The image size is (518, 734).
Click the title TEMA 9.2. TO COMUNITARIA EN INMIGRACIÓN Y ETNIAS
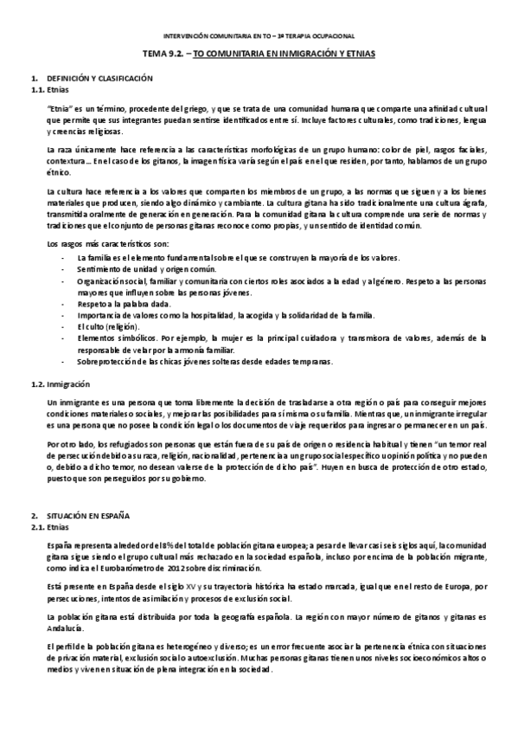click(x=259, y=54)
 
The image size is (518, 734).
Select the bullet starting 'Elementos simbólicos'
click(x=112, y=338)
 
